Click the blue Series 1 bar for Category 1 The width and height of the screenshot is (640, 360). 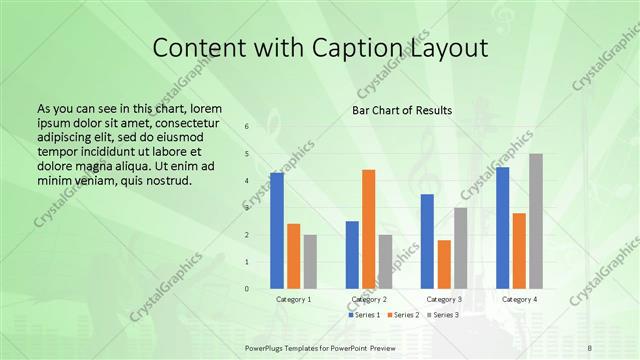click(277, 231)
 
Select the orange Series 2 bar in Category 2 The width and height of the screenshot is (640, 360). click(368, 229)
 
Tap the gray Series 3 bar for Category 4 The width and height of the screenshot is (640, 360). click(536, 221)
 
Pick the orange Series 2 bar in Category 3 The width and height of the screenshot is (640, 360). click(444, 264)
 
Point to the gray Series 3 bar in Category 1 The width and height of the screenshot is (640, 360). click(310, 262)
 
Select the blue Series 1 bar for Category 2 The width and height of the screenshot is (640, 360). click(352, 255)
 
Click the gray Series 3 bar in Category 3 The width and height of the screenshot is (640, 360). click(460, 248)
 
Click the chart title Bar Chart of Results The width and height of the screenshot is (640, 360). click(402, 110)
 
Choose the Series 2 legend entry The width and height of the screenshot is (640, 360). click(405, 315)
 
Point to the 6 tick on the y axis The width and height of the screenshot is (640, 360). click(247, 127)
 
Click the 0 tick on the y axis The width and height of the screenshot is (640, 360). click(247, 289)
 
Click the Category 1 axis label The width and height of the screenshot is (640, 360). click(294, 299)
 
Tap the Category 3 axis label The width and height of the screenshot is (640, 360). click(444, 299)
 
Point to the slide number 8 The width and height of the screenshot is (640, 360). click(590, 345)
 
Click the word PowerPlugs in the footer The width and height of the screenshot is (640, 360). click(267, 345)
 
